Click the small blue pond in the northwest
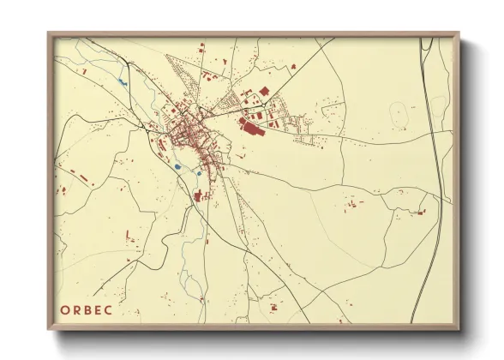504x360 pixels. [x=123, y=82]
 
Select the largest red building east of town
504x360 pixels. [x=252, y=129]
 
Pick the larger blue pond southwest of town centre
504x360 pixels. [x=177, y=166]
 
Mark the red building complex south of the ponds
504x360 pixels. [x=201, y=196]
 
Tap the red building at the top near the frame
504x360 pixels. [x=203, y=49]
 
